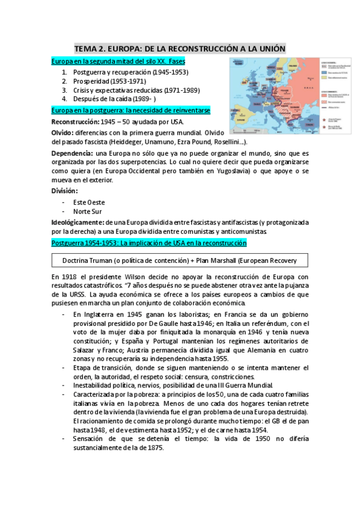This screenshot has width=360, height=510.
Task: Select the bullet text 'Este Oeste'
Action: pos(88,202)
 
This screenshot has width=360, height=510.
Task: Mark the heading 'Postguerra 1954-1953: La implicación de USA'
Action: pos(150,243)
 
